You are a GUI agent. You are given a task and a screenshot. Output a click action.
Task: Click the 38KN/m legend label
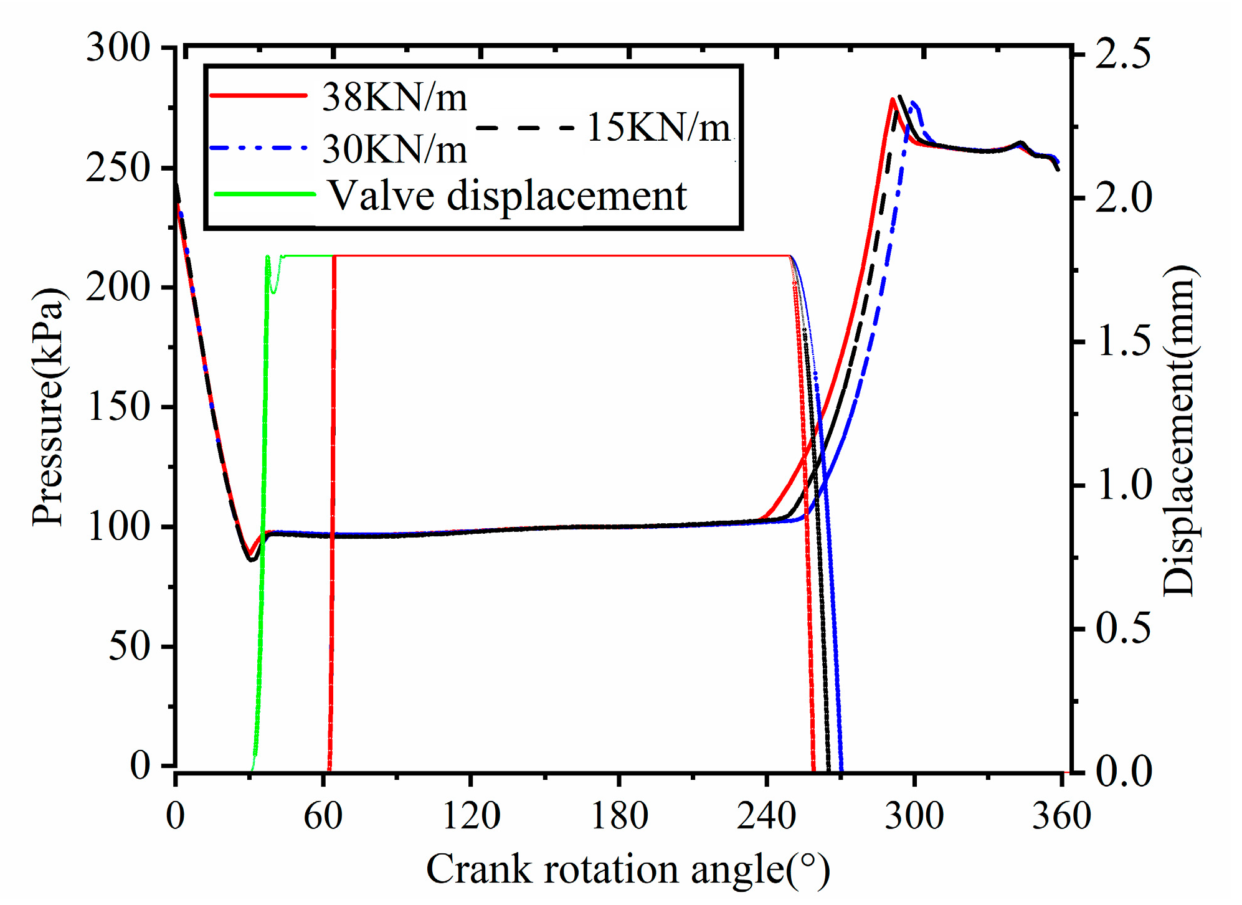394,98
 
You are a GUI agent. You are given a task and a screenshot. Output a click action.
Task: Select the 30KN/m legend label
394,150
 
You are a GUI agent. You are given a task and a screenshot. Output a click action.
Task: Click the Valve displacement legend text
507,196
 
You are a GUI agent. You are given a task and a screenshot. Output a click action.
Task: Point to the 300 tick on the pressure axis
118,47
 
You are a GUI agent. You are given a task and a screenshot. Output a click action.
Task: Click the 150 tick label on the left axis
119,407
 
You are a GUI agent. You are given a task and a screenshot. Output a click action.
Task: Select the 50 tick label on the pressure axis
129,647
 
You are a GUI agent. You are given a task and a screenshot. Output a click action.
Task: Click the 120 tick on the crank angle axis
471,815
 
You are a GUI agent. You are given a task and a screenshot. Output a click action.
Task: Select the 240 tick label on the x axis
766,815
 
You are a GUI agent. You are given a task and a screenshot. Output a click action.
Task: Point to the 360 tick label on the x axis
1061,815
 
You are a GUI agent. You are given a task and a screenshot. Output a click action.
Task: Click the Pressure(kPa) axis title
48,407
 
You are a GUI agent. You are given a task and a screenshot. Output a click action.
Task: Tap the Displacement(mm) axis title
1179,430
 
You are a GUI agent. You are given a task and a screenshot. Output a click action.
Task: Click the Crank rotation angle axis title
627,869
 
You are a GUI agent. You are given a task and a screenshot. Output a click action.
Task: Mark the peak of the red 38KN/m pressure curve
893,99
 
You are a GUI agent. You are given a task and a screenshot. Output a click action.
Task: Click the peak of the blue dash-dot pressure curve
914,103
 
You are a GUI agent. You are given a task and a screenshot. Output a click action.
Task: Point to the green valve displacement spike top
267,257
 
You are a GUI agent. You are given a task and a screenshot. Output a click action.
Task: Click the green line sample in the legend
264,194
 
